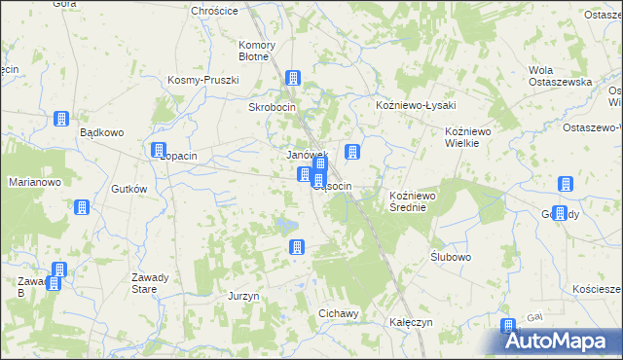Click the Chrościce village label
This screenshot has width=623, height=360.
point(217,11)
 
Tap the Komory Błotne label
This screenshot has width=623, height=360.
point(257,51)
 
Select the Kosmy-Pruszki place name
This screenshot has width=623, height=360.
point(203,80)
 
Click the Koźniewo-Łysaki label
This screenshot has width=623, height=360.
point(416,105)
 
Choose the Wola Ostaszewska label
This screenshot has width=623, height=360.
point(560,76)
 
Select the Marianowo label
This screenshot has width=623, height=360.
point(35,182)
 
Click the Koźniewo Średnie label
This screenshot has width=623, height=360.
point(417,201)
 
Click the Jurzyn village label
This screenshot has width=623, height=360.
point(242,296)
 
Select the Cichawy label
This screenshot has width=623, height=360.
point(339,313)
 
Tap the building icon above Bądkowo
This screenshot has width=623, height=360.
point(60,119)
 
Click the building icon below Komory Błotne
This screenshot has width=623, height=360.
point(292,78)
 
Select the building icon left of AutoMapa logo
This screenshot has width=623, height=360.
point(507,327)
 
